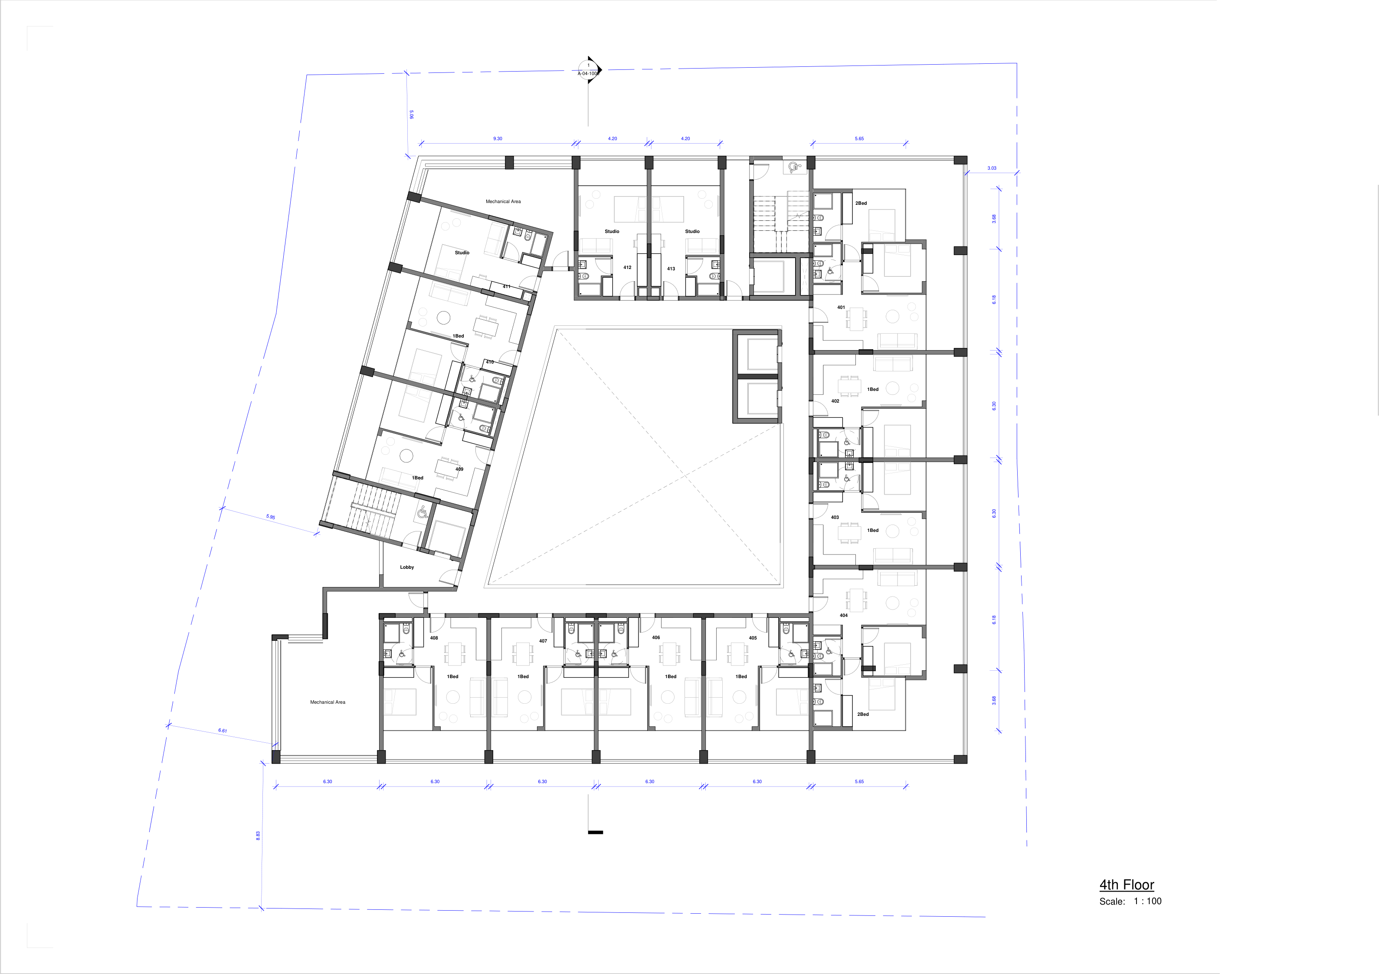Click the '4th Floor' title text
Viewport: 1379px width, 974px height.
1126,885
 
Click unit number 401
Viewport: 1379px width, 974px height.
841,307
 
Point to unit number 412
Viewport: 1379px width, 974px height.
627,267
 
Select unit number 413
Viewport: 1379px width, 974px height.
671,269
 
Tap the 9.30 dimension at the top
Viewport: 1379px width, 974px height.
497,139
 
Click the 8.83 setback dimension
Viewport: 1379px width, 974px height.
258,835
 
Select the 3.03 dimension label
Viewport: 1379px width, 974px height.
992,168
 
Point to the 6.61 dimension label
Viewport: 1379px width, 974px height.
222,731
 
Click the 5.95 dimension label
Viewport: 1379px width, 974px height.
270,517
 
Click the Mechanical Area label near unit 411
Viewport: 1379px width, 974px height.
503,201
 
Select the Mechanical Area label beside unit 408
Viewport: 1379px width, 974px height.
328,702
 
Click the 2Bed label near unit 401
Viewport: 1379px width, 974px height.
861,203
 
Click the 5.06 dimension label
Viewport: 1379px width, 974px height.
411,114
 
